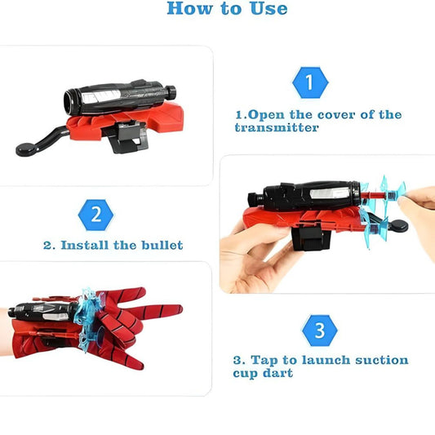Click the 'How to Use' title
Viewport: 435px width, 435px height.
pos(227,9)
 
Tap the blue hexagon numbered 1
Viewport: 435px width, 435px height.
pos(308,82)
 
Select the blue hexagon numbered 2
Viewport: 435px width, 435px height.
pos(95,215)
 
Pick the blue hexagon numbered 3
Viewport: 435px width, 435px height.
pos(319,331)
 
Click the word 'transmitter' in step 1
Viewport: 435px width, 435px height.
pos(276,128)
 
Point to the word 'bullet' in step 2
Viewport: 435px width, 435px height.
pos(161,245)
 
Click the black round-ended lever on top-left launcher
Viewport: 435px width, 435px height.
pos(29,147)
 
